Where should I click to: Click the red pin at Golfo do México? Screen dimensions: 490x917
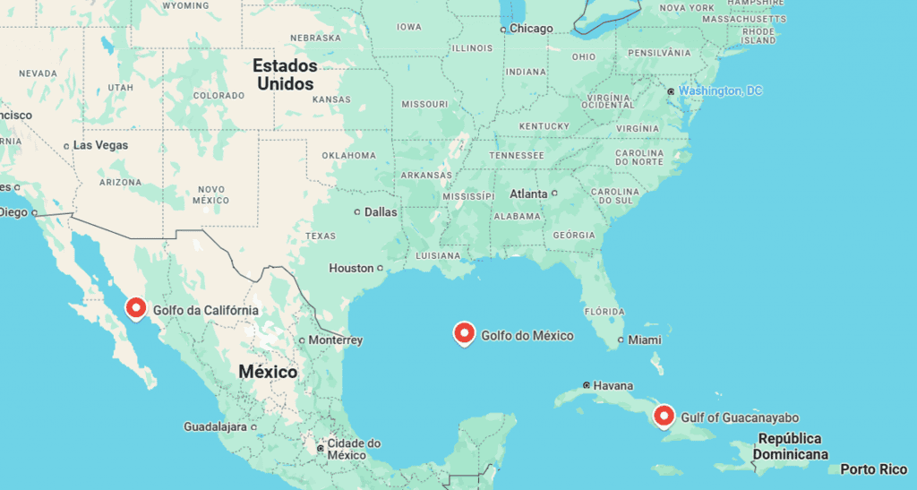coord(464,333)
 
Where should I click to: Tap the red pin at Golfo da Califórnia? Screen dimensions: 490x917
coord(136,308)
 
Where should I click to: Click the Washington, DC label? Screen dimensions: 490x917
coord(720,90)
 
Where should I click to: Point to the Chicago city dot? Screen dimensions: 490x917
coord(504,29)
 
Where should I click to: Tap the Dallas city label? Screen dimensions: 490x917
coord(381,212)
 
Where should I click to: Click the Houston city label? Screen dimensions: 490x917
coord(351,268)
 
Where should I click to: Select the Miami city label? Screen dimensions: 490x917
coord(645,340)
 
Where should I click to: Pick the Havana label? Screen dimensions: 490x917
coord(613,385)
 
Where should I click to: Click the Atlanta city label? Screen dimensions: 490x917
coord(528,193)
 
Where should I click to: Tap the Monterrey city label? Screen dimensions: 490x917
coord(335,340)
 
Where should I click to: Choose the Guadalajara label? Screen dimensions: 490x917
coord(215,426)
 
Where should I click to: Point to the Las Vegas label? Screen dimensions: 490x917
coord(100,145)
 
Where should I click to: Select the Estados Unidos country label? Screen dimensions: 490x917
coord(285,74)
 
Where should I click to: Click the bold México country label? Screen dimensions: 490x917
coord(268,371)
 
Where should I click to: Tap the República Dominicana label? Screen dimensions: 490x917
coord(790,446)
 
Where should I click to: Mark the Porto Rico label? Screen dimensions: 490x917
coord(873,469)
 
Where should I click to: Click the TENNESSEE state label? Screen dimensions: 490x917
coord(517,155)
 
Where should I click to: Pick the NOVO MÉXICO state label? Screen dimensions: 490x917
coord(211,193)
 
